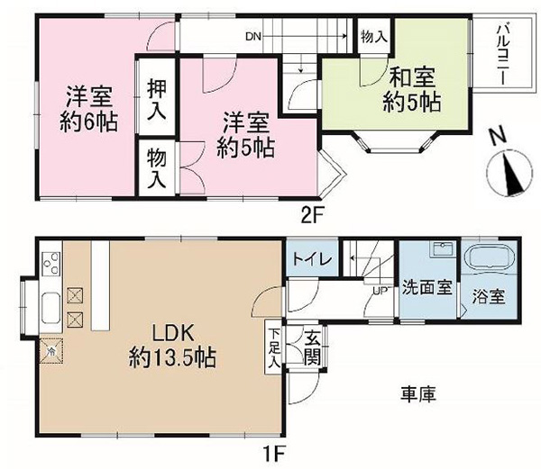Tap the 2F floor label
[x=312, y=215]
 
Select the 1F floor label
[x=275, y=453]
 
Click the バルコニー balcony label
[x=501, y=55]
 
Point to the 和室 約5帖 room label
[x=412, y=89]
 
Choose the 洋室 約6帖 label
[x=89, y=109]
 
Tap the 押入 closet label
[x=157, y=100]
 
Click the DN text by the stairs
[x=253, y=37]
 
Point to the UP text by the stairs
[x=380, y=291]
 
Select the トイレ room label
[x=312, y=258]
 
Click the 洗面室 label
[x=427, y=287]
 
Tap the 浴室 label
[x=489, y=296]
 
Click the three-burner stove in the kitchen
[x=51, y=264]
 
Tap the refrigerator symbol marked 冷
[x=51, y=351]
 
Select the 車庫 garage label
[x=418, y=393]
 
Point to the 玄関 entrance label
[x=312, y=348]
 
